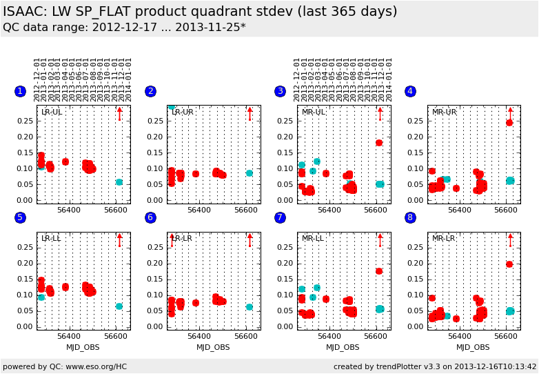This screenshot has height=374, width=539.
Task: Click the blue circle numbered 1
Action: click(x=20, y=91)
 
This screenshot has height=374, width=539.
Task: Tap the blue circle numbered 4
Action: click(x=410, y=91)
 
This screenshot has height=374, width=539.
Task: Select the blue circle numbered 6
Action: click(x=150, y=217)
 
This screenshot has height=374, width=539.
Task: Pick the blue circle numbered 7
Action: click(x=280, y=217)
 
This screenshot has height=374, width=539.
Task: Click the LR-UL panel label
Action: click(x=52, y=112)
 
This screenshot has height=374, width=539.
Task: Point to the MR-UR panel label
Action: click(x=444, y=112)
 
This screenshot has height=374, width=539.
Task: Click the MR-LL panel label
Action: click(x=312, y=238)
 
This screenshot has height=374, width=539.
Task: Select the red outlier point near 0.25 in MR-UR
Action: click(x=509, y=123)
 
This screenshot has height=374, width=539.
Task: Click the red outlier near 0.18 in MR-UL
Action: click(x=379, y=143)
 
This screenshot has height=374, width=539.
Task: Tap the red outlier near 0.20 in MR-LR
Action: click(x=509, y=264)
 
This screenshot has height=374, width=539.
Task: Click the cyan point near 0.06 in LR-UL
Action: click(x=119, y=182)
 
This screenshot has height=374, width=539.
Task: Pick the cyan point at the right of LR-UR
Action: click(x=250, y=173)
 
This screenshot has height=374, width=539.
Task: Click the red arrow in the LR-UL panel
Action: click(x=119, y=113)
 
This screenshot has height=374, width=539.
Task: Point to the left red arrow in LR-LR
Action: click(x=172, y=239)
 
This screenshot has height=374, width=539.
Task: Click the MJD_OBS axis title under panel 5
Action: click(x=83, y=347)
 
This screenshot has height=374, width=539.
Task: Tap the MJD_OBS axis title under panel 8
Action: click(x=474, y=347)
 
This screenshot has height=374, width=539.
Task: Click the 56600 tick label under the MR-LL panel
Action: click(x=376, y=336)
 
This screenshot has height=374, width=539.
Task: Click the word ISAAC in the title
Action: click(x=22, y=12)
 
